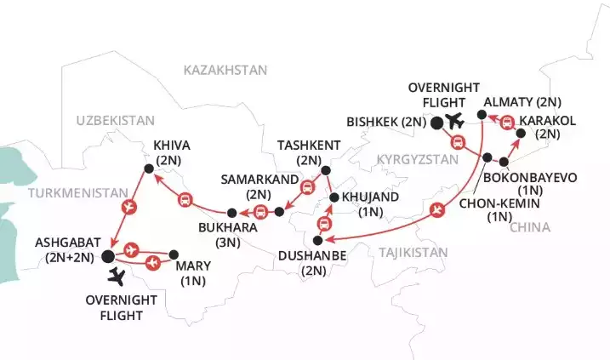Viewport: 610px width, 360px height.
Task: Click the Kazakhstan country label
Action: pyautogui.click(x=225, y=70)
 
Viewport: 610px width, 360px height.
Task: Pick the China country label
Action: pyautogui.click(x=529, y=227)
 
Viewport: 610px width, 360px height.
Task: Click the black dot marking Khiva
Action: pyautogui.click(x=149, y=169)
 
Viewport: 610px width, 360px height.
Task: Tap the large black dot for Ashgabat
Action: pyautogui.click(x=108, y=255)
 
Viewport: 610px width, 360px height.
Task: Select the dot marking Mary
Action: pyautogui.click(x=174, y=254)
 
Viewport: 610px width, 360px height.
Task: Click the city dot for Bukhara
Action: pyautogui.click(x=231, y=212)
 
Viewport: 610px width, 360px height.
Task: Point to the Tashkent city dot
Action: pyautogui.click(x=325, y=170)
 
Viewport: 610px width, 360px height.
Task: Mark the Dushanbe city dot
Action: pyautogui.click(x=316, y=241)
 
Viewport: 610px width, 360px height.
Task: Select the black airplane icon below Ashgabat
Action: pyautogui.click(x=117, y=276)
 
